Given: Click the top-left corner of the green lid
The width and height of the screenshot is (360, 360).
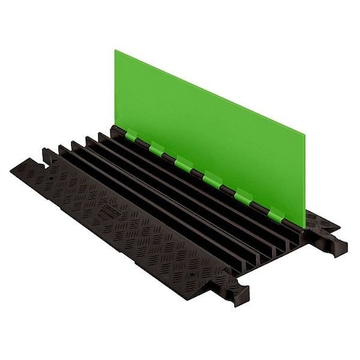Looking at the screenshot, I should [x=114, y=51].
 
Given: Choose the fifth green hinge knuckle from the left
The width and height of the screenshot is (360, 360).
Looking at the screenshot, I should [x=242, y=194].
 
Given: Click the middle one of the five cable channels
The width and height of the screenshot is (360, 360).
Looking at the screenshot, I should [x=173, y=187].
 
